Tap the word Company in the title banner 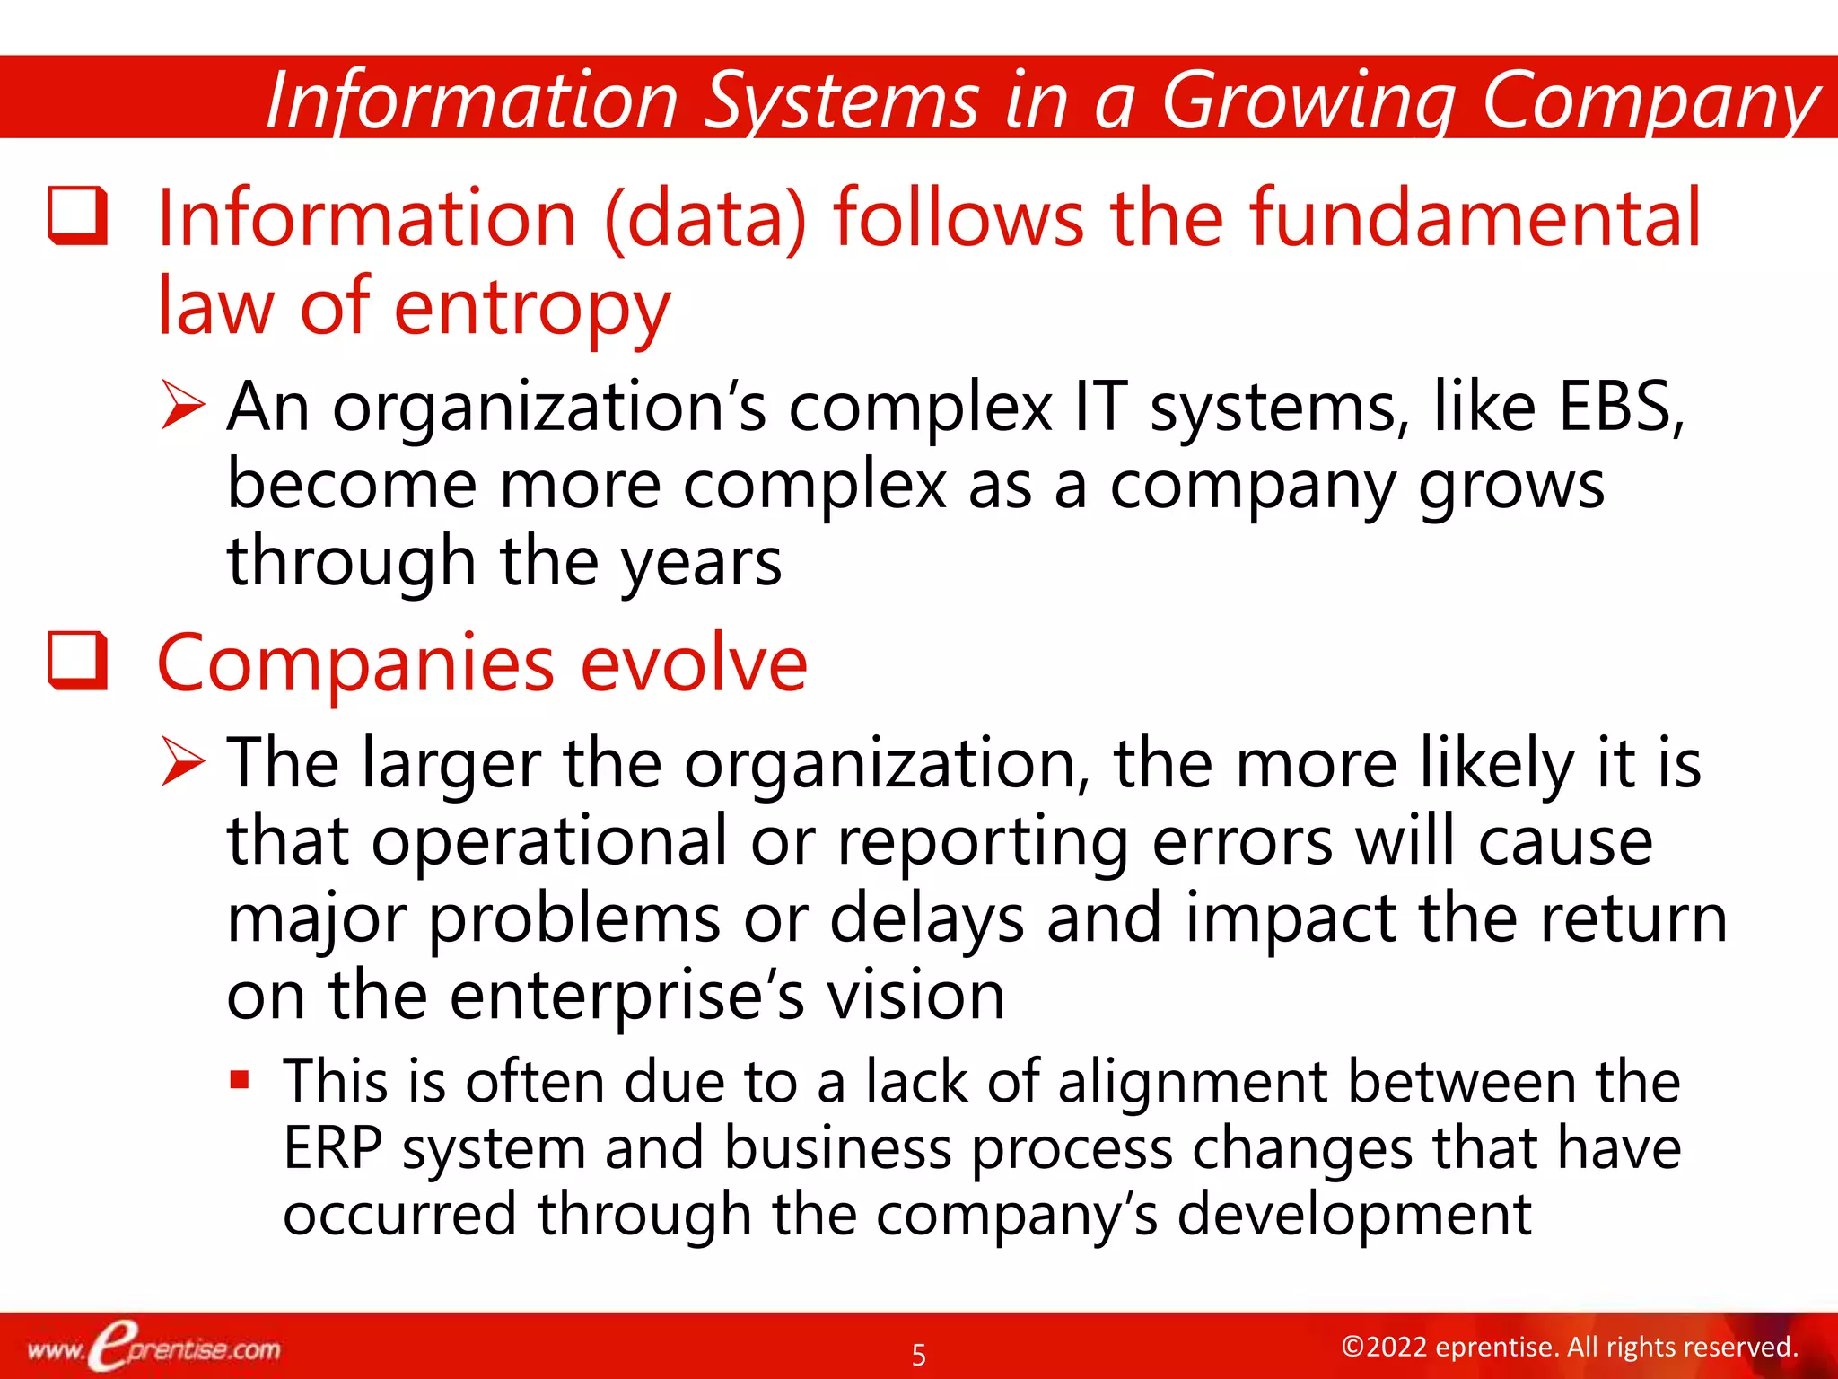(x=1650, y=101)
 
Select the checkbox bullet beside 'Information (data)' (x=78, y=215)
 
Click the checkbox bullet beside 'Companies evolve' (x=78, y=661)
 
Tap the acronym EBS (x=1621, y=407)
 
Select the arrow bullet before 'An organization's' (x=183, y=405)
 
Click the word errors (x=1242, y=841)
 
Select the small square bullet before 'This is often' (x=239, y=1078)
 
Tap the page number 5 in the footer (x=918, y=1354)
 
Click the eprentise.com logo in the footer (x=153, y=1347)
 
